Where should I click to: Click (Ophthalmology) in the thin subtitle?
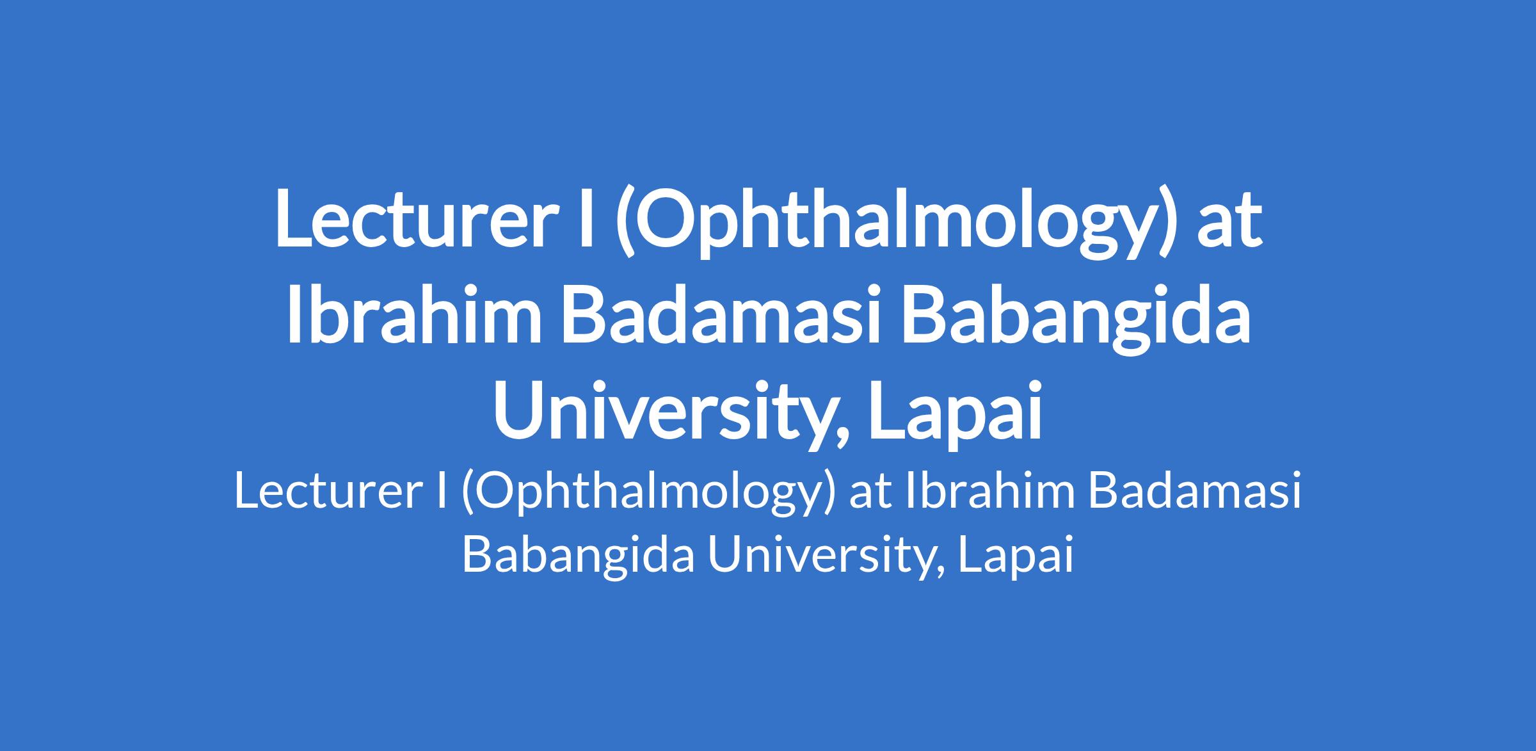pos(647,496)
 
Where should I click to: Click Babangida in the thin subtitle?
pos(578,556)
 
